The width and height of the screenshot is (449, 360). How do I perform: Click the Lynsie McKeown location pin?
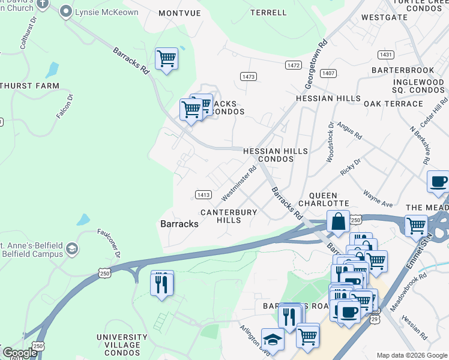click(67, 11)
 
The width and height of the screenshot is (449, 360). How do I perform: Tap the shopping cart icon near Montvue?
click(166, 59)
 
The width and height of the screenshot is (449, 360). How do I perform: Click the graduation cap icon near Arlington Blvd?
click(273, 340)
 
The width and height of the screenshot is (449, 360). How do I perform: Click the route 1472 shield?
click(294, 65)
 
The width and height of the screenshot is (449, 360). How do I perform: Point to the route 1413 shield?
click(203, 194)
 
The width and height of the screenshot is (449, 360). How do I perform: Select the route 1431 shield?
click(386, 55)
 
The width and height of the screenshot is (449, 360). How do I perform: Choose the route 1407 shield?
click(328, 73)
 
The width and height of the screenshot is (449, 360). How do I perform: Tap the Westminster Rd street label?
click(238, 184)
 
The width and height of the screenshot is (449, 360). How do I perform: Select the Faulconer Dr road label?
click(109, 243)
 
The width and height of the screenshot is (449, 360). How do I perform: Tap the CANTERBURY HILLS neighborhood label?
click(229, 216)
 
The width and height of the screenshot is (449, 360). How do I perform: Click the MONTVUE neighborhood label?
click(179, 13)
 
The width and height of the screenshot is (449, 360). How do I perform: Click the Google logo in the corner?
click(19, 352)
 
